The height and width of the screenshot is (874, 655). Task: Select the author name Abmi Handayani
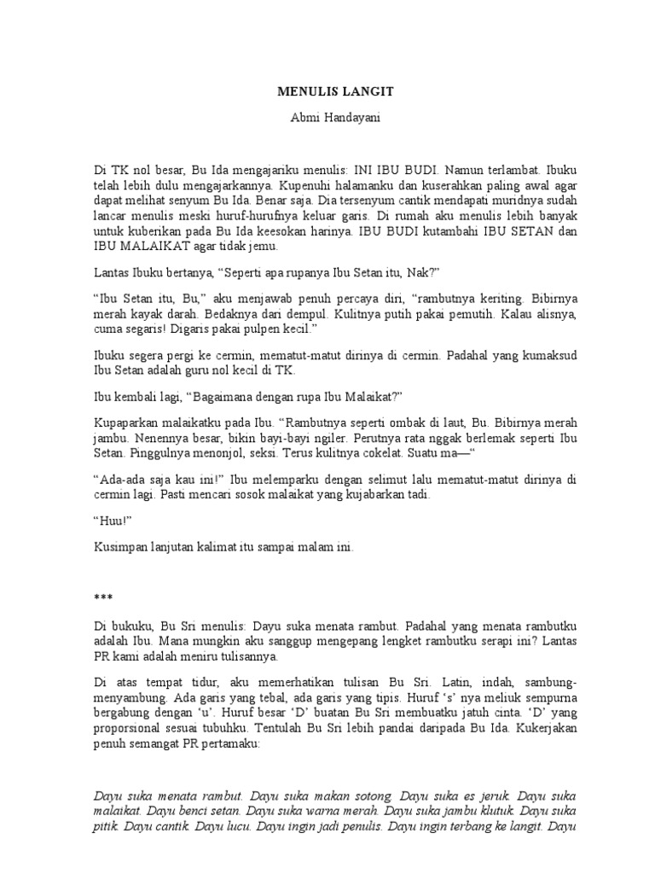(x=328, y=119)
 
